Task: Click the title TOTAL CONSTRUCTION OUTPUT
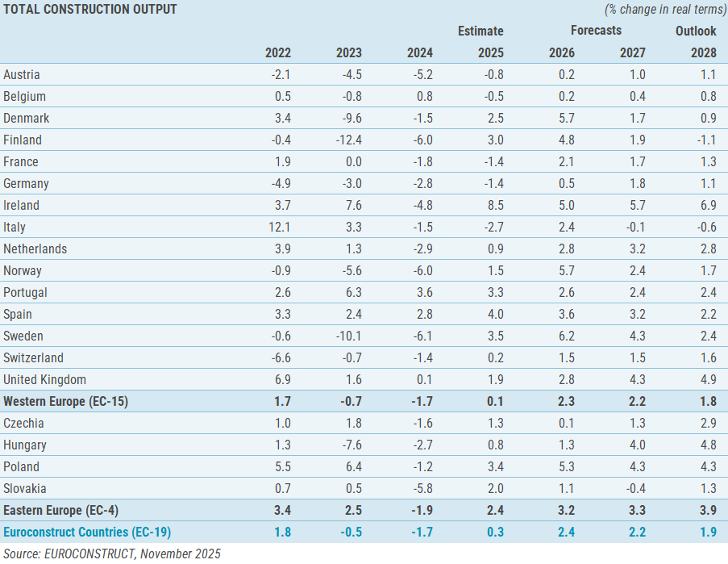tap(90, 9)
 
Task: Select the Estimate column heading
tap(480, 31)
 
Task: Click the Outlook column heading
tap(696, 31)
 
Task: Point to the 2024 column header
tap(419, 53)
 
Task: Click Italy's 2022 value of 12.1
tap(278, 227)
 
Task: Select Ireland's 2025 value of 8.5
tap(493, 205)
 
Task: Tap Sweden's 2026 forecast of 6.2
tap(564, 336)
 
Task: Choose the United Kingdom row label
tap(44, 379)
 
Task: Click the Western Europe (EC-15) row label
tap(66, 401)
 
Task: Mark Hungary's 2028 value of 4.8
tap(706, 445)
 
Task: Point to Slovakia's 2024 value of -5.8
tap(420, 488)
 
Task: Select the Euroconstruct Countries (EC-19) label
tap(87, 532)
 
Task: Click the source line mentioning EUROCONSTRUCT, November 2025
tap(110, 554)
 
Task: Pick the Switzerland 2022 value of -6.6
tap(278, 357)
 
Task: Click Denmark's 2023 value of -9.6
tap(349, 118)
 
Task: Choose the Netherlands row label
tap(35, 249)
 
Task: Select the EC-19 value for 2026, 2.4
tap(564, 532)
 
